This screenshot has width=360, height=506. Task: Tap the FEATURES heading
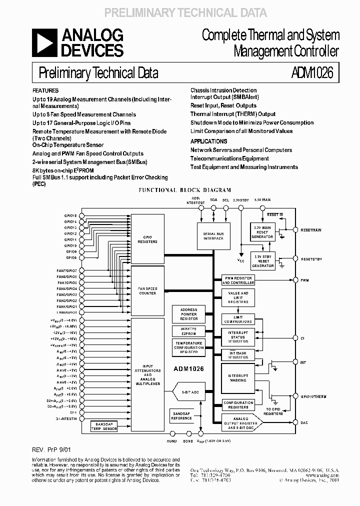pyautogui.click(x=45, y=91)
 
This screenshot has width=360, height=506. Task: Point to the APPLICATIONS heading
pyautogui.click(x=208, y=141)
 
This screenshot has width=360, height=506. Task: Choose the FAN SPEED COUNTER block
pyautogui.click(x=147, y=290)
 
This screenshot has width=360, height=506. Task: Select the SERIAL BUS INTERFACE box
pyautogui.click(x=212, y=236)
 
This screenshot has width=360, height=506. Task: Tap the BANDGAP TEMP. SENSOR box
pyautogui.click(x=104, y=426)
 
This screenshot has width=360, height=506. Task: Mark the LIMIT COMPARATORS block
pyautogui.click(x=238, y=319)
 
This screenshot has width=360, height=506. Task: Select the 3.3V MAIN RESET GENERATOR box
pyautogui.click(x=263, y=232)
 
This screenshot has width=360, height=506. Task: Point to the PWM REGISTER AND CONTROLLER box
pyautogui.click(x=238, y=280)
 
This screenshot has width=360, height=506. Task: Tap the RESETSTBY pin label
pyautogui.click(x=311, y=259)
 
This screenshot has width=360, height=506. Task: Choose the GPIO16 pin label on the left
pyautogui.click(x=70, y=215)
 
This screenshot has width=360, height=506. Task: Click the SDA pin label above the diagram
pyautogui.click(x=213, y=199)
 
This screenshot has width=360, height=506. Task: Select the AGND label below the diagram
pyautogui.click(x=172, y=441)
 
